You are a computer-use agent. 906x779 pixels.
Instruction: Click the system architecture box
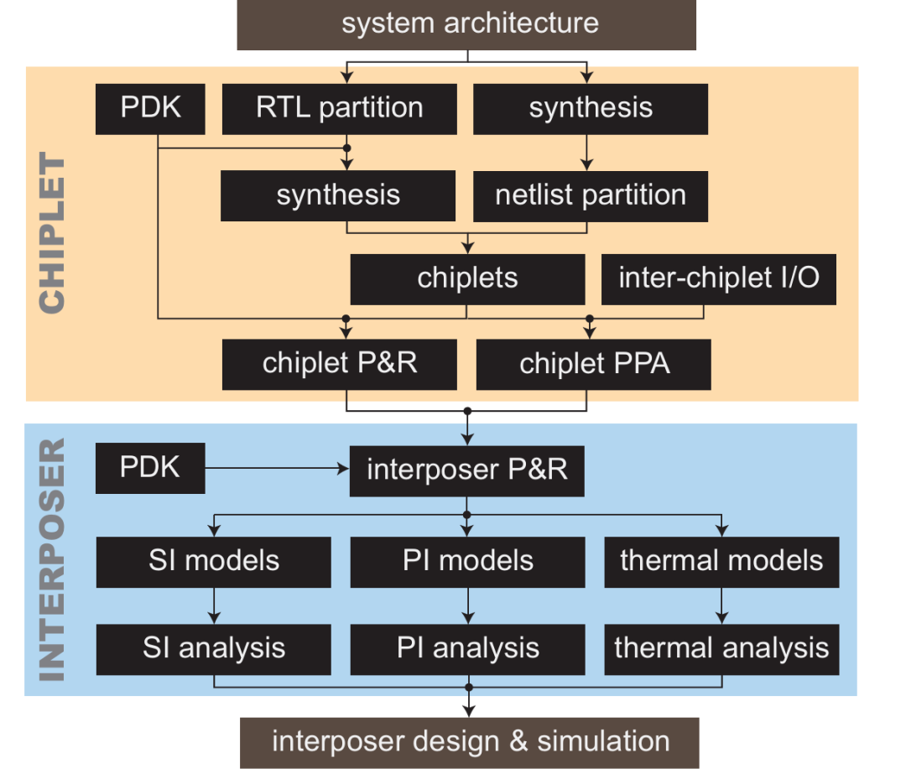click(467, 24)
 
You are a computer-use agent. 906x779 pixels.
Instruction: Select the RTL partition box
click(339, 108)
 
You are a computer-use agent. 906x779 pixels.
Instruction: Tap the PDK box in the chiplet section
click(150, 108)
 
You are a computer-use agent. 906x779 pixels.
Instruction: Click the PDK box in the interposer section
click(150, 468)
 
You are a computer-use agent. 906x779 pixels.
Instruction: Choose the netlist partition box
click(591, 195)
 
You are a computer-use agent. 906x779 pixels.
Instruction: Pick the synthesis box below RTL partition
click(338, 195)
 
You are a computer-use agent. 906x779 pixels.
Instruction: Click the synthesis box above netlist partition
click(591, 108)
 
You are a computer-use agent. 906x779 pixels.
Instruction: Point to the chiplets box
click(467, 279)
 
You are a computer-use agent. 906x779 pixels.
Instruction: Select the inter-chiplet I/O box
click(719, 279)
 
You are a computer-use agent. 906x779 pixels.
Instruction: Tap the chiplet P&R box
click(340, 364)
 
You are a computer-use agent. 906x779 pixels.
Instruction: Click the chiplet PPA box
click(594, 364)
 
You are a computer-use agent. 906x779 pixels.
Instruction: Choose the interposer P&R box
click(467, 470)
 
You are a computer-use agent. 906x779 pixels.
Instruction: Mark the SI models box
click(214, 561)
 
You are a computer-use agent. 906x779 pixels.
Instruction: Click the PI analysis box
click(467, 649)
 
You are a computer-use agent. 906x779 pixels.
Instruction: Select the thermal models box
click(721, 561)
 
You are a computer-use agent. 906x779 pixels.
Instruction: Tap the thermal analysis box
click(721, 649)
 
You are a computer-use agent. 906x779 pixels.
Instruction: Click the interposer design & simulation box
click(470, 742)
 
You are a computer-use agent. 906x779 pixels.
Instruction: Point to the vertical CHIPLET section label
click(52, 234)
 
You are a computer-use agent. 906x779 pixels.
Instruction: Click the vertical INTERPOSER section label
click(52, 558)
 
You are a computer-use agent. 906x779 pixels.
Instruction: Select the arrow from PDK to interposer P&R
click(277, 469)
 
